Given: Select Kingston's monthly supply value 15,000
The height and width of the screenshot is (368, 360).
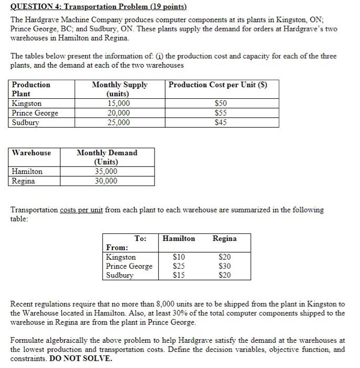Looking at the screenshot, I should click(x=119, y=104).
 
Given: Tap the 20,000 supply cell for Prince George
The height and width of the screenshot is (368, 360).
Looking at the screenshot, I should click(x=119, y=113).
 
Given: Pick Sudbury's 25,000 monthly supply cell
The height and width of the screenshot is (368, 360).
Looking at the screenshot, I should click(x=119, y=122).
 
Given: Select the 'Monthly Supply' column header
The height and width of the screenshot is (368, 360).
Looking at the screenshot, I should click(x=119, y=85).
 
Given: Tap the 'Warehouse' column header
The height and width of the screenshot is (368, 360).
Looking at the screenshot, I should click(x=32, y=153).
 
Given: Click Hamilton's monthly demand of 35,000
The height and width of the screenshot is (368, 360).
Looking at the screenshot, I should click(x=106, y=171).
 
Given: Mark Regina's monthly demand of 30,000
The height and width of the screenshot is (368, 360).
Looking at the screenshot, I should click(x=106, y=181).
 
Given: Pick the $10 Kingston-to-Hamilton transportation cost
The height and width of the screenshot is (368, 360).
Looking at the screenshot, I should click(x=179, y=257).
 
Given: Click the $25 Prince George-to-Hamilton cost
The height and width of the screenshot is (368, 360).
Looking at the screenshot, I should click(x=179, y=266).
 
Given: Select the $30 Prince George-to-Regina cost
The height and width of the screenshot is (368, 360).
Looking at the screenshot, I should click(x=224, y=266).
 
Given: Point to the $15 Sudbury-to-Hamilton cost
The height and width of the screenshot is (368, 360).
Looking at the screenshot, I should click(x=179, y=275).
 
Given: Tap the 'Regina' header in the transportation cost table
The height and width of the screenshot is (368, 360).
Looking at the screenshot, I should click(x=224, y=239).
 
